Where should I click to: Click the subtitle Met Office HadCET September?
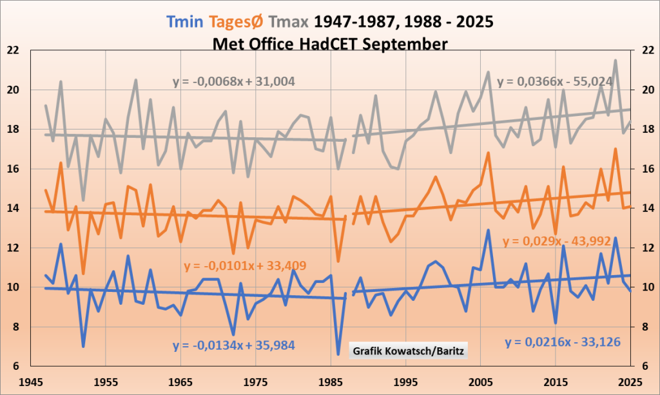329,44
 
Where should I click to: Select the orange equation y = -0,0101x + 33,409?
244,265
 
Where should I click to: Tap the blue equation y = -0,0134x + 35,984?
233,345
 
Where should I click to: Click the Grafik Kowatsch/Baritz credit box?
409,351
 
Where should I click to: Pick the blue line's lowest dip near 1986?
338,354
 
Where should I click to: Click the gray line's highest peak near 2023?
616,61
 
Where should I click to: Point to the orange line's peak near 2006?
488,153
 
